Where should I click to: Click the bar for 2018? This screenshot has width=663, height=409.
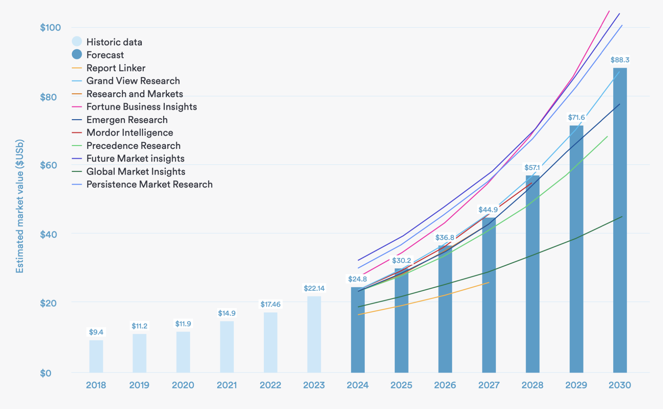pos(96,356)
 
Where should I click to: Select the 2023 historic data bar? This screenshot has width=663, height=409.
pos(314,334)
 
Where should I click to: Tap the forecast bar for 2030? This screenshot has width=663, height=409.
pos(620,220)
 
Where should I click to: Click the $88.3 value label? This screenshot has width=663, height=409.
pos(620,60)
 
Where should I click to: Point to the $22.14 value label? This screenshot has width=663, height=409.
pos(314,288)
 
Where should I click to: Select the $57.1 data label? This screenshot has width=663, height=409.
pos(532,168)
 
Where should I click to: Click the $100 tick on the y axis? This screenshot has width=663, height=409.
pos(51,28)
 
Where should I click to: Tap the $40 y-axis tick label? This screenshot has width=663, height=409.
pos(51,234)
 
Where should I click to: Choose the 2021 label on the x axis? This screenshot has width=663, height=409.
pos(227,385)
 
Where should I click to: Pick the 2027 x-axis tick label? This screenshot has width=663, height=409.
pos(489,385)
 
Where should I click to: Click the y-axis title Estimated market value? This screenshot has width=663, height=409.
pos(20,206)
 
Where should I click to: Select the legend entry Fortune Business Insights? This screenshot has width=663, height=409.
pos(141,107)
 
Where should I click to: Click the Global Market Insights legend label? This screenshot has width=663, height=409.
pos(136,172)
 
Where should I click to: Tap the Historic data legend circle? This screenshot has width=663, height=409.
pos(77,41)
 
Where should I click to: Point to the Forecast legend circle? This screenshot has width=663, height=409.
pos(77,54)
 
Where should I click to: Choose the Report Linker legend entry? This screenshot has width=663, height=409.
pos(116,68)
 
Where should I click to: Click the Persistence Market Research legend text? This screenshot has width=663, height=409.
pos(149,185)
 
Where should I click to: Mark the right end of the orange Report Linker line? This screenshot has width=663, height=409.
pos(489,283)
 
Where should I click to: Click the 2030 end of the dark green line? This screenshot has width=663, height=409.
pos(622,217)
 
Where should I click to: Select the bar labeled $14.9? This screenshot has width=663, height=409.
pos(227,347)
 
